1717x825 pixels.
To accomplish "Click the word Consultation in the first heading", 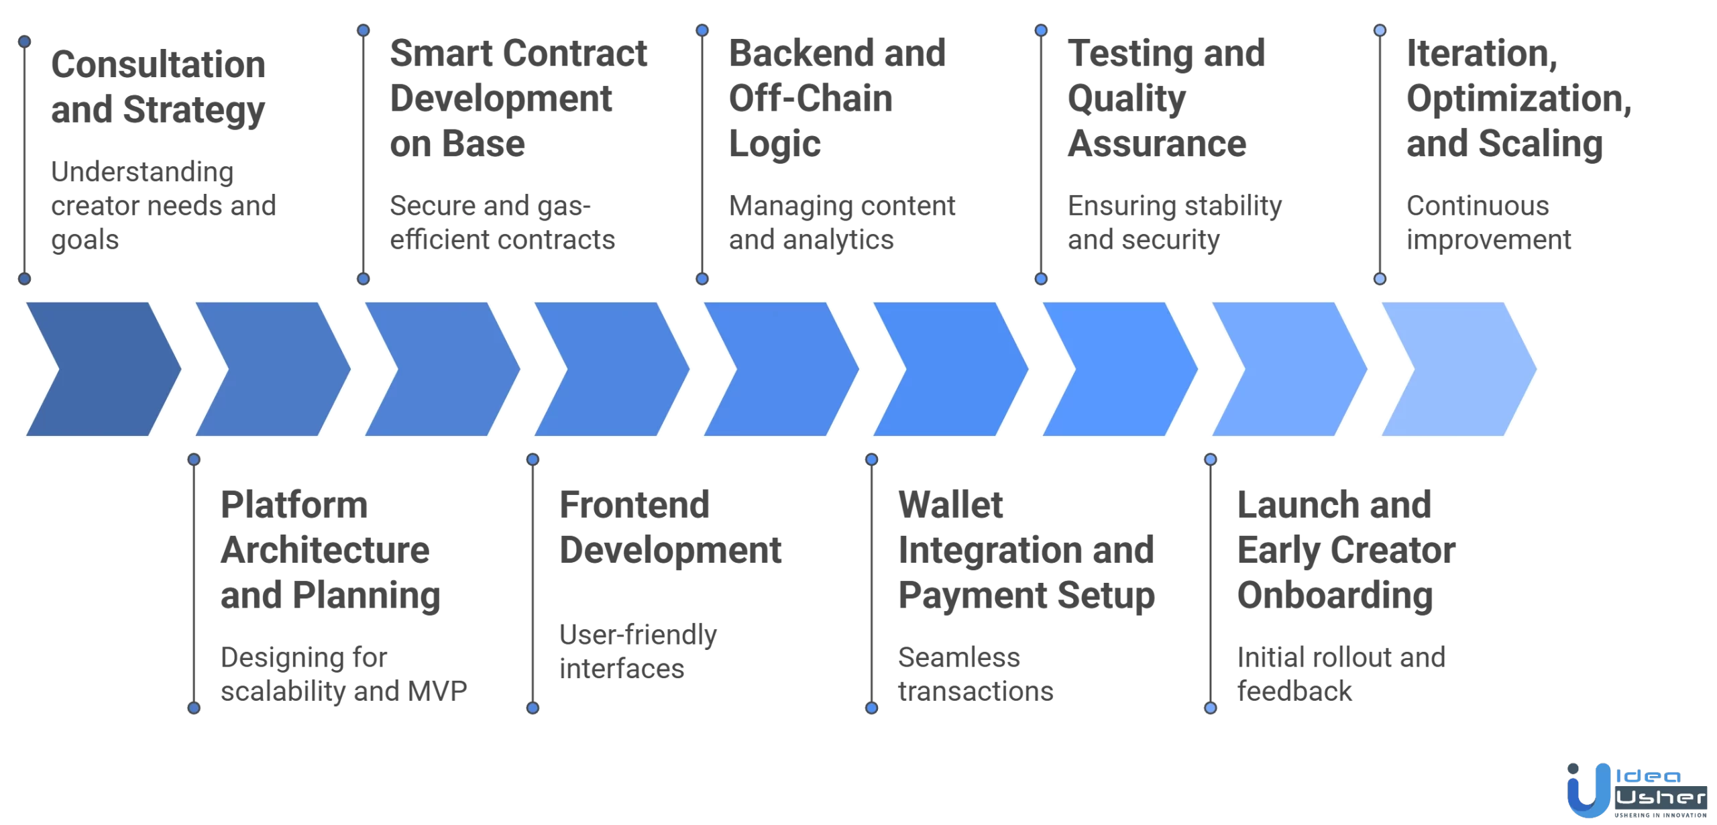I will pos(158,65).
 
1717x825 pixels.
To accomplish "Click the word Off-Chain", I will pos(810,99).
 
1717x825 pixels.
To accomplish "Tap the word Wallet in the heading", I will pos(950,505).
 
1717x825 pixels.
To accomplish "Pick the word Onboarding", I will pos(1335,596).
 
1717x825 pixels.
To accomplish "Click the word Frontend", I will pos(634,505).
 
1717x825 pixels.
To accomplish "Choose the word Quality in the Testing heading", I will pos(1127,99).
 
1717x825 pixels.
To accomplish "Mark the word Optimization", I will pos(1517,99).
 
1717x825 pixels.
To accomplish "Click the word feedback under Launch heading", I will pos(1294,692).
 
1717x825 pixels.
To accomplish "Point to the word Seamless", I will pos(958,657).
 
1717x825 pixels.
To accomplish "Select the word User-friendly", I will pos(638,635).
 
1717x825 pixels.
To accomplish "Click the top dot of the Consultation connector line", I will pos(25,42).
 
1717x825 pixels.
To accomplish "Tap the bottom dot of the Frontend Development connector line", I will pos(533,708).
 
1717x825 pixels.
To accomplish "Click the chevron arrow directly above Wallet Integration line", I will pos(949,369).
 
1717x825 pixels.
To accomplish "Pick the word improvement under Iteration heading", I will pos(1488,240).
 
